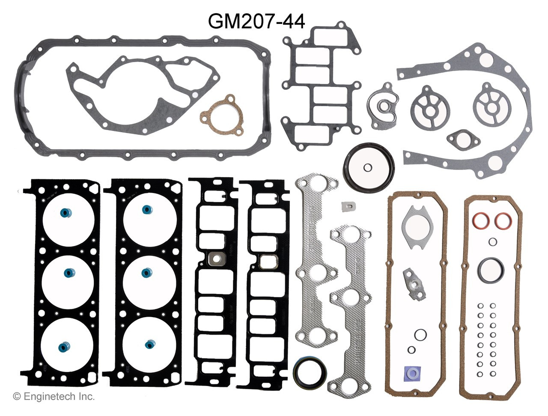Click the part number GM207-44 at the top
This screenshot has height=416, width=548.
click(256, 21)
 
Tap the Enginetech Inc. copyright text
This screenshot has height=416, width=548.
click(54, 397)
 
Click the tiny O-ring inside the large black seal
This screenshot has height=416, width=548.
click(367, 167)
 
